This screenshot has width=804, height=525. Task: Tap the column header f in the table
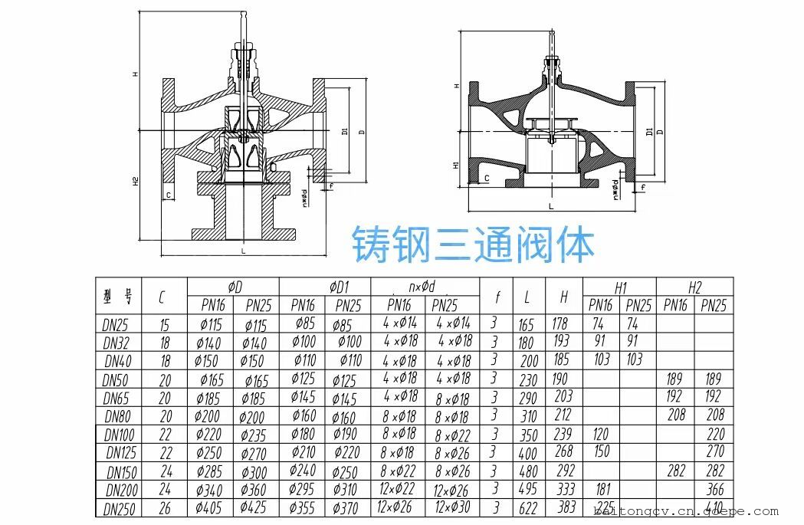[x=497, y=296]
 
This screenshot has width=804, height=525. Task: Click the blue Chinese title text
[x=473, y=244]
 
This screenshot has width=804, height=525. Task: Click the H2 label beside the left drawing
[x=134, y=182]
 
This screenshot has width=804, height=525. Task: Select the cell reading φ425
[x=254, y=507]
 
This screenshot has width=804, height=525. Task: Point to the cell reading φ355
[x=304, y=507]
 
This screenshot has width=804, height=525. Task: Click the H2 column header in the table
[x=694, y=287]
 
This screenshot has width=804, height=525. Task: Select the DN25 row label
[x=117, y=324]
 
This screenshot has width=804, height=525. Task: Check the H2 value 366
[x=714, y=489]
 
